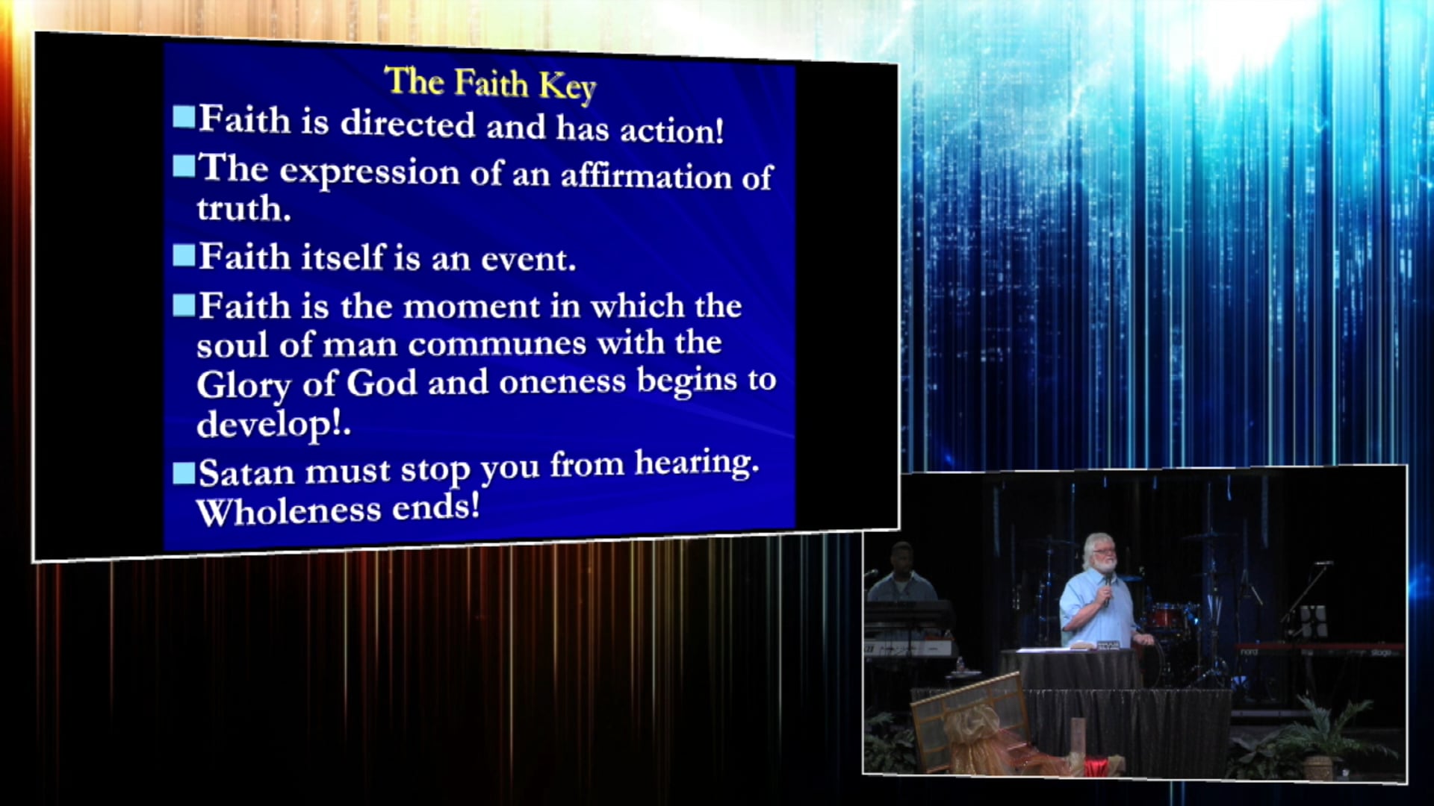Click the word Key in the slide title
click(x=567, y=87)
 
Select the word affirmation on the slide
click(x=646, y=177)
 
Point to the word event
click(x=528, y=260)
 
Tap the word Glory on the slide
click(x=243, y=386)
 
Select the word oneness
click(x=562, y=382)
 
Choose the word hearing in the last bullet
click(x=696, y=463)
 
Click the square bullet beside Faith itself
click(x=184, y=255)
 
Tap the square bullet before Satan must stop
click(x=184, y=473)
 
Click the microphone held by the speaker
click(x=1107, y=590)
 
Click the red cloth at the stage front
click(x=1094, y=766)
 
